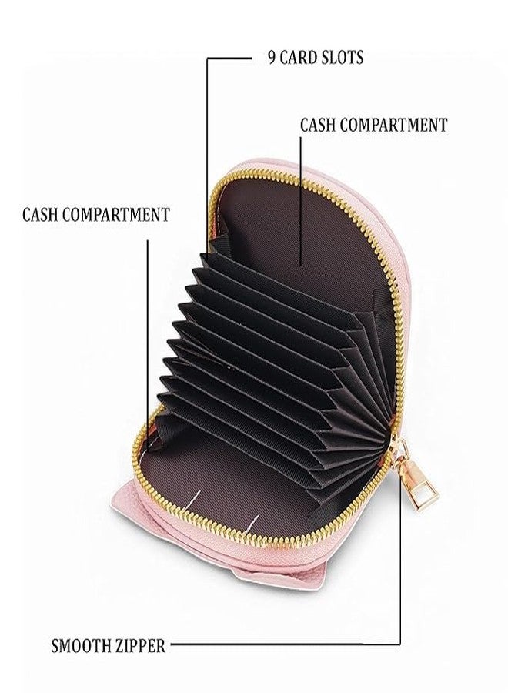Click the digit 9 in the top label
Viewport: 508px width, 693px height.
271,58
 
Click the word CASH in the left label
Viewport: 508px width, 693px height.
40,214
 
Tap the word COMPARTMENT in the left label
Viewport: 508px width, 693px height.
116,214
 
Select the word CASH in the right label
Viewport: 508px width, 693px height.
318,125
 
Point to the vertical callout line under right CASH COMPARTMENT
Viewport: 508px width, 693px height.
301,201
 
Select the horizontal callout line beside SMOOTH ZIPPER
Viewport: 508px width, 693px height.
286,644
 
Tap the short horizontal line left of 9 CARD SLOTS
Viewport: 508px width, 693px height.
229,58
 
